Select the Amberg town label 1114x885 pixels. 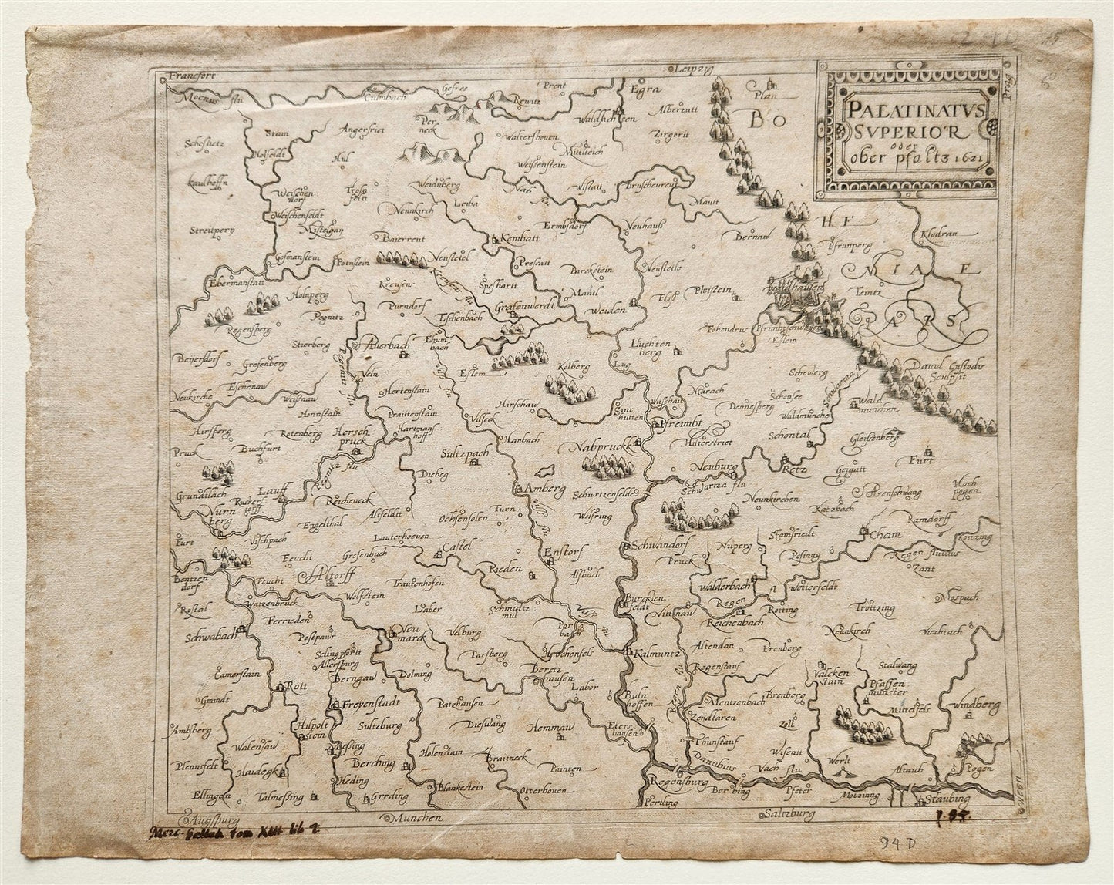pyautogui.click(x=546, y=490)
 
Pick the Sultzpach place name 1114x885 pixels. pyautogui.click(x=466, y=454)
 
